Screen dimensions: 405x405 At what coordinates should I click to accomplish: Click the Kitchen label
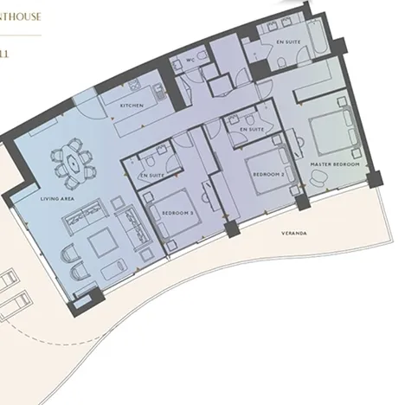132,105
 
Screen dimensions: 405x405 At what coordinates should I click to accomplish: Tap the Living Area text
56,199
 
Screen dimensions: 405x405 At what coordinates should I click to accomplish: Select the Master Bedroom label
333,163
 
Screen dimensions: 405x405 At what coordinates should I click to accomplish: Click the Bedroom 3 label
177,212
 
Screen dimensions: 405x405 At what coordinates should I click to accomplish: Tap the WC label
190,61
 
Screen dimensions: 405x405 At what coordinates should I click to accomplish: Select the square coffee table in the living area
102,243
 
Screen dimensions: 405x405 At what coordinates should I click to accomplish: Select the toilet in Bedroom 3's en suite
150,161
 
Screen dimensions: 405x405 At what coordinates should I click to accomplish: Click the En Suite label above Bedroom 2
251,129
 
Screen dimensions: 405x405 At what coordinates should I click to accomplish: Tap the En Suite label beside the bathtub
288,42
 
